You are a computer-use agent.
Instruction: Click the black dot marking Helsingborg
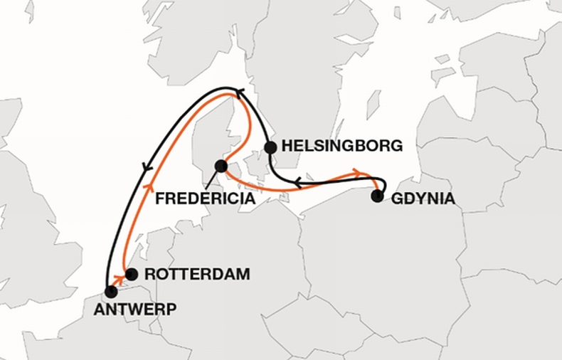[270, 147]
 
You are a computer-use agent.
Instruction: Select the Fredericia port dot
[221, 166]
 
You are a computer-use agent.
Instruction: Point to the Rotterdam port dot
[131, 274]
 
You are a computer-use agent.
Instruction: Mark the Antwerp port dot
[111, 291]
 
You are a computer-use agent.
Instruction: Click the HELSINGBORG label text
[342, 147]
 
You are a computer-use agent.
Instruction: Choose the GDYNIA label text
[423, 199]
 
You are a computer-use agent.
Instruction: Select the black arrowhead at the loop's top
[239, 91]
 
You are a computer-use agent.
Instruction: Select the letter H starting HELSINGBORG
[287, 147]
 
